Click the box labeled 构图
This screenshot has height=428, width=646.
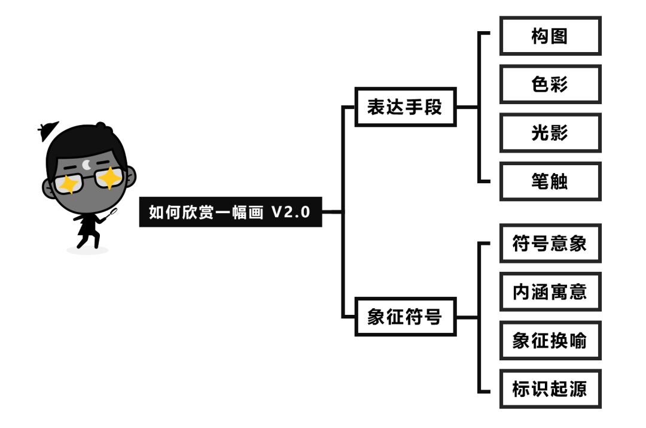click(550, 37)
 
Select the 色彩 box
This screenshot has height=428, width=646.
click(550, 84)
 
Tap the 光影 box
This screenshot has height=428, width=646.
click(550, 133)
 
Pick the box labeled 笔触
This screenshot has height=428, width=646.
click(550, 181)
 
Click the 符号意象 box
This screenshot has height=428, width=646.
click(550, 244)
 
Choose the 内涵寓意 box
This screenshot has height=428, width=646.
click(550, 292)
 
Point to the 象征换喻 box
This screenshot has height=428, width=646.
click(550, 341)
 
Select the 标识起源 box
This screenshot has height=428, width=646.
click(550, 389)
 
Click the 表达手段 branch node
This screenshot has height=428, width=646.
click(405, 108)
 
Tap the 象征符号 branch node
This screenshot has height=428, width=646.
click(405, 317)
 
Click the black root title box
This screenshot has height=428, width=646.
click(230, 212)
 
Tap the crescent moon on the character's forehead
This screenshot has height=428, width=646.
click(88, 163)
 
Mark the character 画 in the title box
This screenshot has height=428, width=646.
click(255, 212)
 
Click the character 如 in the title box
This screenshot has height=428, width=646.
click(156, 212)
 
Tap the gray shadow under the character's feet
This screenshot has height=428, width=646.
click(87, 249)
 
